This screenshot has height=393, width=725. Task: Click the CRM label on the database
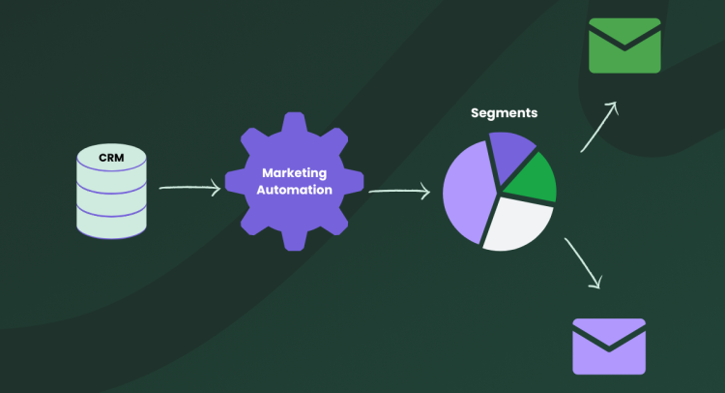111,158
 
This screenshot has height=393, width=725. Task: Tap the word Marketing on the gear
295,173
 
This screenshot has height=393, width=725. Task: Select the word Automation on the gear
295,190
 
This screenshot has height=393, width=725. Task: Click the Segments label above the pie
504,113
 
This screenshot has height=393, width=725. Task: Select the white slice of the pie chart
517,223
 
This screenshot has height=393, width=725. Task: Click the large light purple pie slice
468,192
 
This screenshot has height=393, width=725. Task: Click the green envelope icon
624,45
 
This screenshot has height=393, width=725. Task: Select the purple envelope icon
609,347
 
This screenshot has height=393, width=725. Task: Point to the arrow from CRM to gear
189,188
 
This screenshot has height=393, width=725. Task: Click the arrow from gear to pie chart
399,191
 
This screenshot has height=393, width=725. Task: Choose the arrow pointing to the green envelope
599,127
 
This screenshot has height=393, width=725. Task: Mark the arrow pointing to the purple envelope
584,263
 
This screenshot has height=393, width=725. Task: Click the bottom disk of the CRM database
111,222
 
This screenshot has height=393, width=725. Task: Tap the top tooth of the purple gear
294,121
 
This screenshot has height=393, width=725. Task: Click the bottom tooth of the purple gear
294,242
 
